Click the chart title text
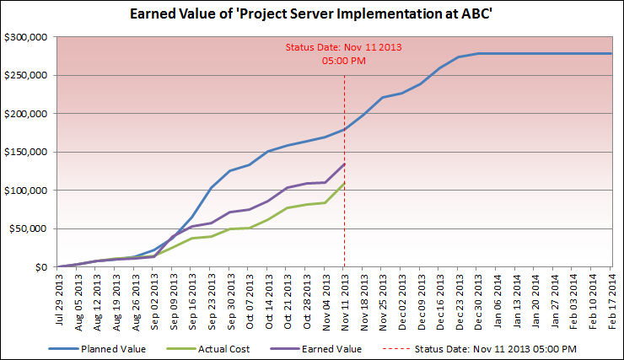click(311, 14)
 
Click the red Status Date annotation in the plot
click(344, 54)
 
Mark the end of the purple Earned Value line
click(345, 164)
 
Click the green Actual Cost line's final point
click(345, 184)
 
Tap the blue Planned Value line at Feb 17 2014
click(611, 54)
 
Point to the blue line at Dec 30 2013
click(478, 54)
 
